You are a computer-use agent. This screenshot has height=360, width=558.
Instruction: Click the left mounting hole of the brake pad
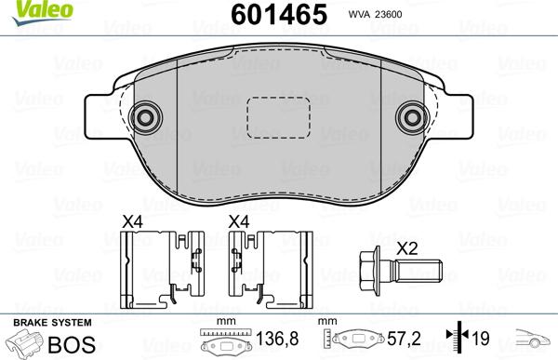point(144,117)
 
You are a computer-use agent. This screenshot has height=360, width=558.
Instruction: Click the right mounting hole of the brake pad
point(410,117)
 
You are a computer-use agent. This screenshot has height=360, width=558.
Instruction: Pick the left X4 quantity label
point(134,222)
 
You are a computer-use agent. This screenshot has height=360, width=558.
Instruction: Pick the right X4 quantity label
point(240,222)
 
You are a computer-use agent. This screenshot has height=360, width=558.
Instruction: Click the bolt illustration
point(401,275)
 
